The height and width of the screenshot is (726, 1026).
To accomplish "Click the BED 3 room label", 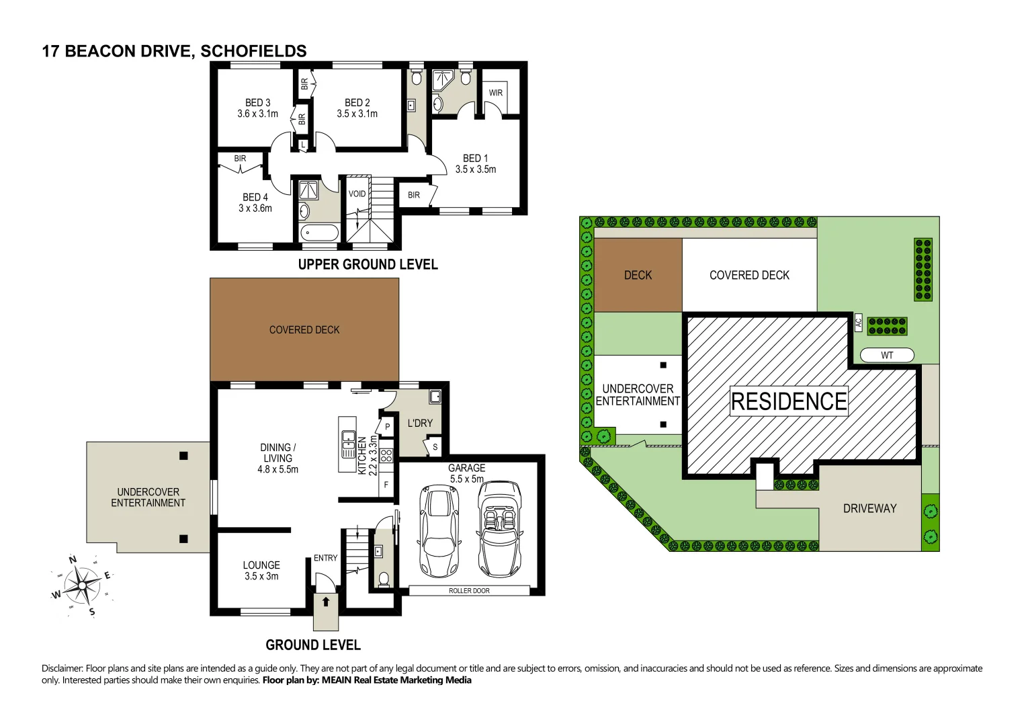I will [257, 103].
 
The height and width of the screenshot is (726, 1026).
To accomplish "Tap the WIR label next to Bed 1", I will [496, 93].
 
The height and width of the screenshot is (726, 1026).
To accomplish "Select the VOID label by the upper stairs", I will [357, 194].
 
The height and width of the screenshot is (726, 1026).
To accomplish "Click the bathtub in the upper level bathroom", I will [319, 233].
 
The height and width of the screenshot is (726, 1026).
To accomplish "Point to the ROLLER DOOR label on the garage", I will [469, 591].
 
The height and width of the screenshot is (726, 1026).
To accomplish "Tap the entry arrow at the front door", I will [326, 601].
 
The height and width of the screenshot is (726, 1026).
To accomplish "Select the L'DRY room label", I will [420, 423].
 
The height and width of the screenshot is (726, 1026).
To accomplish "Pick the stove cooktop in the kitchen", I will [386, 456].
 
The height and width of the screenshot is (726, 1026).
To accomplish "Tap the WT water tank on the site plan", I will [887, 355].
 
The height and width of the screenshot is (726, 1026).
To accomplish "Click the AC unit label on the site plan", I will [858, 322].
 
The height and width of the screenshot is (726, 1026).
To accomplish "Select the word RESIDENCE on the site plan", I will [789, 401].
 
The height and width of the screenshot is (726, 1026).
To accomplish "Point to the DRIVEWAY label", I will [869, 509].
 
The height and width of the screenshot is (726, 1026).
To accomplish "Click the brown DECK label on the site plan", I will [638, 275].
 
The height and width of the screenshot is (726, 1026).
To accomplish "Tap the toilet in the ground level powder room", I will [384, 579].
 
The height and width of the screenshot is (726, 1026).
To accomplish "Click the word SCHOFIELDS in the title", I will [254, 51].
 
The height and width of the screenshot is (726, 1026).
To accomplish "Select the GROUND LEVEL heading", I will [313, 645].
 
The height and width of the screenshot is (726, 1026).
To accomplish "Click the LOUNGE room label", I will [261, 565].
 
